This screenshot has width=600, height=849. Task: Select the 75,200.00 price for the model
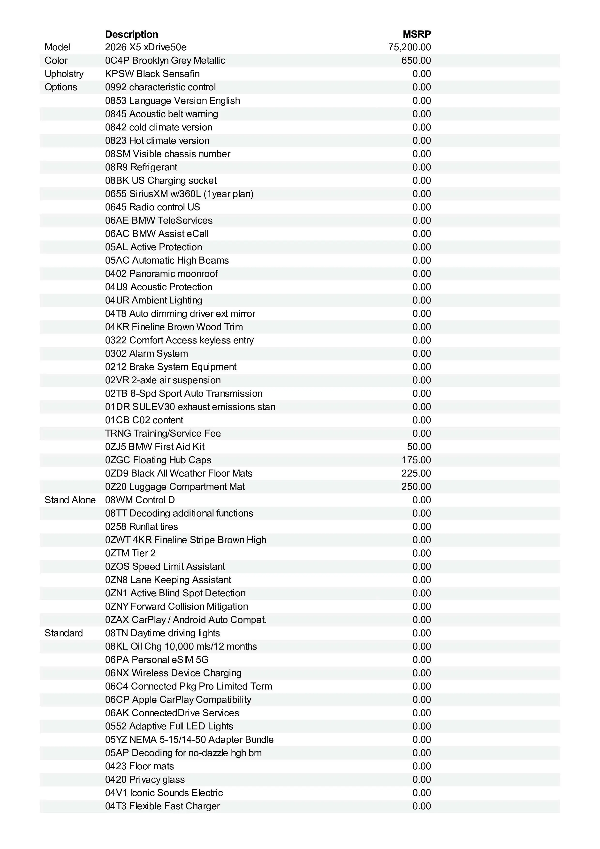(x=409, y=47)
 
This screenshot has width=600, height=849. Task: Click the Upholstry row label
(x=64, y=74)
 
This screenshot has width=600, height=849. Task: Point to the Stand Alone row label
(x=70, y=500)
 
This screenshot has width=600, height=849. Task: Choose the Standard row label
(x=64, y=633)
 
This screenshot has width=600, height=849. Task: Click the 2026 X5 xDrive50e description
(x=146, y=47)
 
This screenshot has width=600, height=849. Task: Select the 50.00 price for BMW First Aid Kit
(x=419, y=447)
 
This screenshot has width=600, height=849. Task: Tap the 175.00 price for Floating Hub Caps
(x=416, y=460)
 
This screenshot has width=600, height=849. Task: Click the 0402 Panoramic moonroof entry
(x=161, y=274)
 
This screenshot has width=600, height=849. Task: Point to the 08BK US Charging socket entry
(x=161, y=181)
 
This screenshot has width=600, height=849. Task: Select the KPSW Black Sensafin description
(x=152, y=74)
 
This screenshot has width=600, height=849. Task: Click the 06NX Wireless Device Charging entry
(x=173, y=673)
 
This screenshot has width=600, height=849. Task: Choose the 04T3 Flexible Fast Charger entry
(x=162, y=806)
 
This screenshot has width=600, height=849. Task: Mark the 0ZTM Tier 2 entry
(x=130, y=553)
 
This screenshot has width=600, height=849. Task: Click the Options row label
(x=61, y=87)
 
